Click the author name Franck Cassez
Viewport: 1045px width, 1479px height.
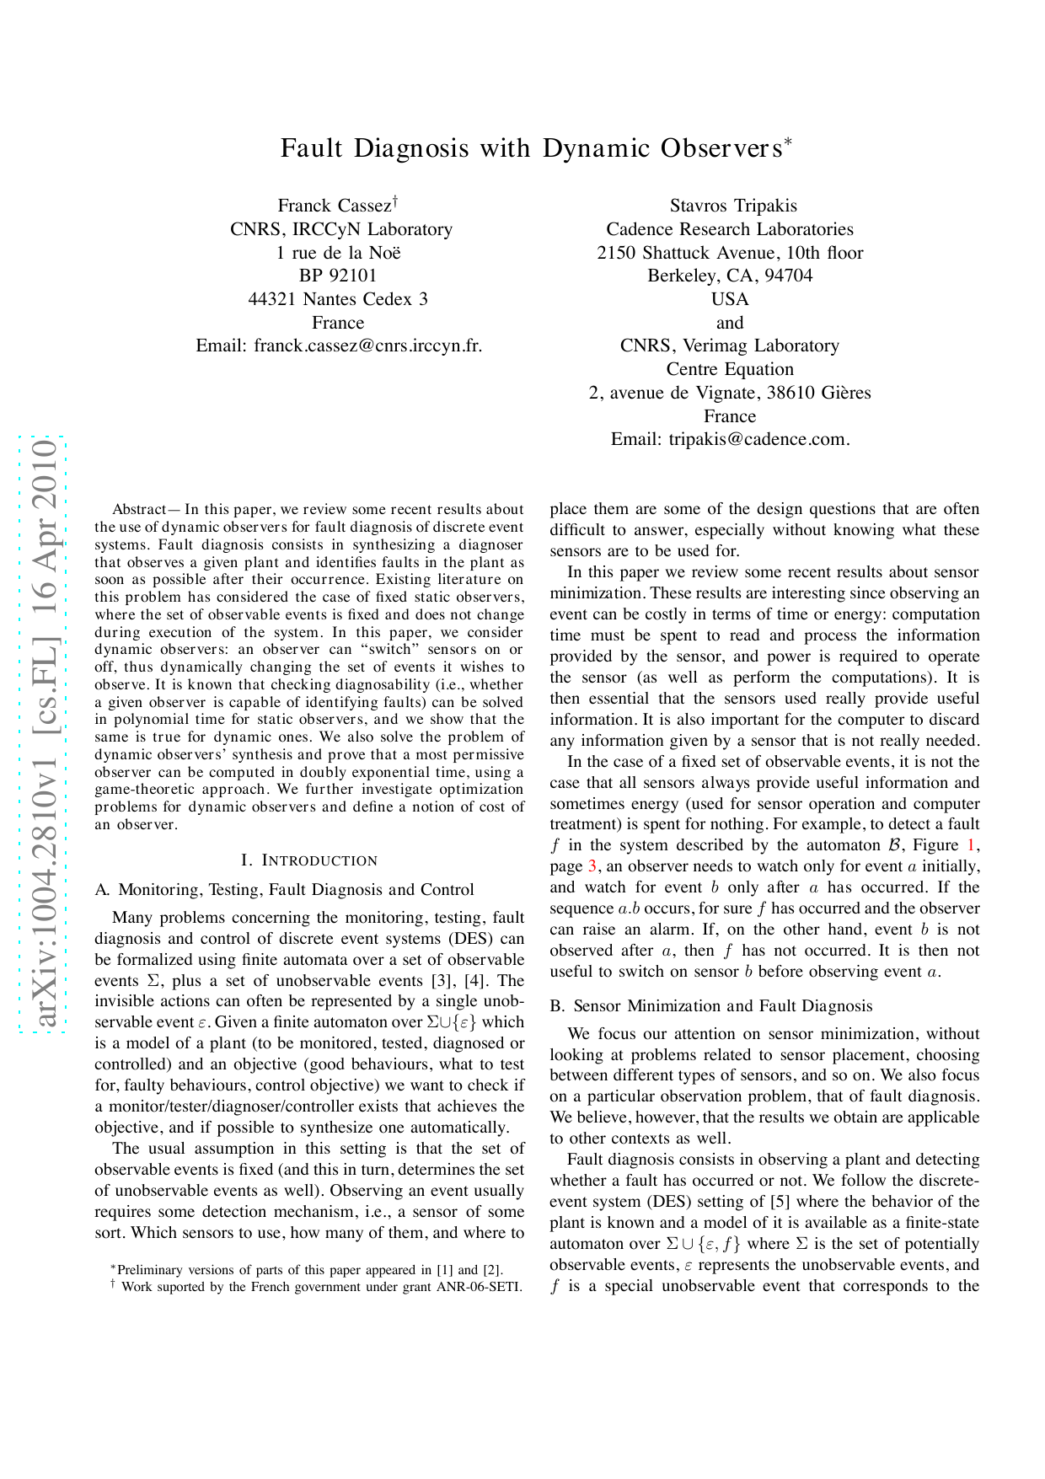click(335, 206)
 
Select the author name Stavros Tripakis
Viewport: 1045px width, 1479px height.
click(733, 206)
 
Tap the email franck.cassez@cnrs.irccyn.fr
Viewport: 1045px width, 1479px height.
click(367, 346)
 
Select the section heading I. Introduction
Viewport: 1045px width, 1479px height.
click(309, 860)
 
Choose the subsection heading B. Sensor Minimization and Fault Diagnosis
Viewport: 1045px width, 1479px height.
click(711, 1006)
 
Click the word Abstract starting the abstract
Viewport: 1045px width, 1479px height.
click(139, 510)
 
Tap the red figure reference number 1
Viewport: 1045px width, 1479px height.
click(971, 845)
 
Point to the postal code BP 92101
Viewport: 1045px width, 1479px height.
click(338, 276)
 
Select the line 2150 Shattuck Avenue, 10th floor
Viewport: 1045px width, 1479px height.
click(730, 253)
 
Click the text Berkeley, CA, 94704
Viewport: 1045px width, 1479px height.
click(730, 276)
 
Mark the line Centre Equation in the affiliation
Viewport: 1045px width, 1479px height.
click(730, 369)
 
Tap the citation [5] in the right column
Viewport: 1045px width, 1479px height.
click(780, 1202)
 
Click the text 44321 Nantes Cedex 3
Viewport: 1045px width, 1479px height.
click(338, 299)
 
